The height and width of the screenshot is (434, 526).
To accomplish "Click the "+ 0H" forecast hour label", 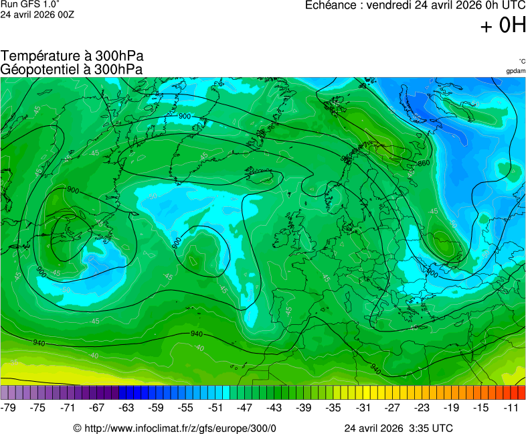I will pos(503,25).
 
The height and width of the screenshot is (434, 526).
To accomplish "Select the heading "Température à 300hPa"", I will pos(72,56).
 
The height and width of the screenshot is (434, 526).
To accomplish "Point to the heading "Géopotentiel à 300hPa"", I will pos(72,69).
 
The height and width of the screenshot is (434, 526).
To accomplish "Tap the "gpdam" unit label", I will pos(515,70).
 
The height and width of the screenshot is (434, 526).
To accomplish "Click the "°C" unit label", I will pos(521,61).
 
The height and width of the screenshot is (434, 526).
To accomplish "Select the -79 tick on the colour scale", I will pos(9,407).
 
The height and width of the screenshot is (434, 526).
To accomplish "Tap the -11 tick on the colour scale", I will pos(513,407).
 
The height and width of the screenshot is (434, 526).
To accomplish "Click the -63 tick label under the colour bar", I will pos(126,407).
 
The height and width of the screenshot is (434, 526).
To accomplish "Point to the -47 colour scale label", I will pos(245,407).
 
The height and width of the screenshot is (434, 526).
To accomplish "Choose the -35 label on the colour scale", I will pos(333,407).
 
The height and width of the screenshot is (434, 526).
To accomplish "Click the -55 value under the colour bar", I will pos(185,407).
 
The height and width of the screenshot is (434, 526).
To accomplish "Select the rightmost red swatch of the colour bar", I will pos(521,392).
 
